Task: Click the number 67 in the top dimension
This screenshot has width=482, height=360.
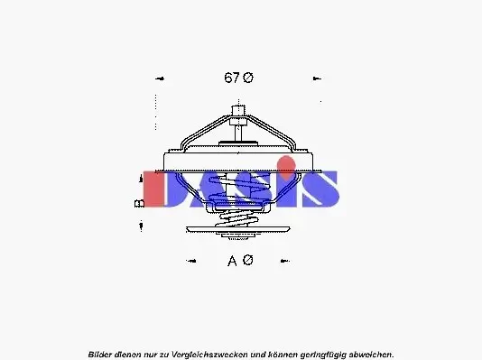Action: (x=231, y=78)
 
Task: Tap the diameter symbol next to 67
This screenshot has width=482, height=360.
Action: (x=249, y=78)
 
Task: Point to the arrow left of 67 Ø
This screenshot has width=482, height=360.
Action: (x=160, y=78)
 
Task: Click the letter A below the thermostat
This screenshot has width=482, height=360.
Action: (x=232, y=261)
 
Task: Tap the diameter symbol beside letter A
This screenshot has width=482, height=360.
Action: (x=248, y=261)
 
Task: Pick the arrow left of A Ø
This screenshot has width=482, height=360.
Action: (x=190, y=262)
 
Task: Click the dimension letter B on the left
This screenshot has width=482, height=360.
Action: (x=140, y=204)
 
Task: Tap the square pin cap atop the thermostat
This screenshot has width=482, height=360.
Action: (x=238, y=113)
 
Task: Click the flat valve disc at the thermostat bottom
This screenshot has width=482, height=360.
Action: (x=240, y=238)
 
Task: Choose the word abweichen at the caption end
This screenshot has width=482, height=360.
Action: (x=370, y=354)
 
